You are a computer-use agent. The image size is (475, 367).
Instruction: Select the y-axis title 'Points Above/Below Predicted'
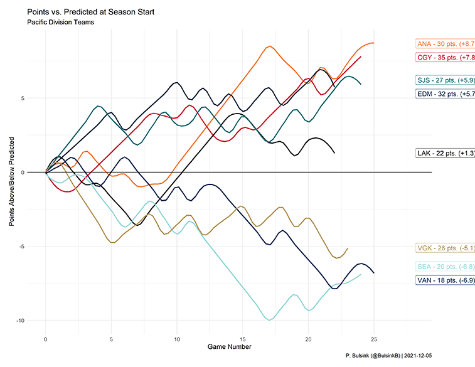[12, 173]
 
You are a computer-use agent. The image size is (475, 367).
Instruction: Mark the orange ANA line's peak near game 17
[270, 46]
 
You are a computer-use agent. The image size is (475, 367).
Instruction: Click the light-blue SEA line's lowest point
[270, 320]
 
